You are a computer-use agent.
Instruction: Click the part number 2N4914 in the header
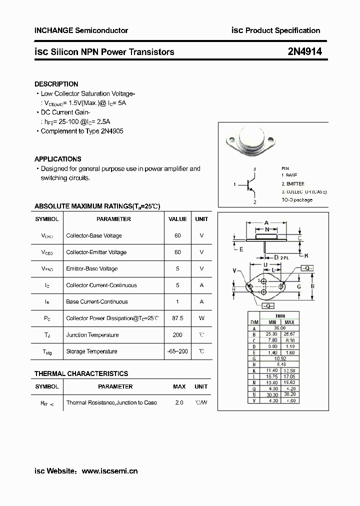click(x=304, y=51)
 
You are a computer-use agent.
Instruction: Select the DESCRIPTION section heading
click(x=56, y=84)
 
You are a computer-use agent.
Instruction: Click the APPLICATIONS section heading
click(x=57, y=159)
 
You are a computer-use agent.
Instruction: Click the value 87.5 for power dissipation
click(x=177, y=318)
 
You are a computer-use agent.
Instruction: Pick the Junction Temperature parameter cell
click(x=92, y=335)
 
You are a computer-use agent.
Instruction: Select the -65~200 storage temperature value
click(x=177, y=351)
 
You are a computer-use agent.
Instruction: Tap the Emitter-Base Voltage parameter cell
click(x=91, y=268)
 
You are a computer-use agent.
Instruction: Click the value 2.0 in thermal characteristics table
click(x=179, y=402)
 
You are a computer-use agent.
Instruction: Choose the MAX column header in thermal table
click(x=179, y=386)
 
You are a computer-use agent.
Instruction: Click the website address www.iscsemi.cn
click(x=109, y=470)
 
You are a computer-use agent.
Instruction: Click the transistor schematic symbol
click(x=249, y=185)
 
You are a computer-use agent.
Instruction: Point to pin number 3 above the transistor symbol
click(x=254, y=169)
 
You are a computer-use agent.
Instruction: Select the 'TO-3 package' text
click(x=296, y=200)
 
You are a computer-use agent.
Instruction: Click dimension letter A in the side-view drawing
click(x=266, y=222)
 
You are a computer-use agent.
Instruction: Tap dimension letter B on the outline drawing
click(x=312, y=286)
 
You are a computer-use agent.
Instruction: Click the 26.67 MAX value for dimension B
click(x=289, y=334)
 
